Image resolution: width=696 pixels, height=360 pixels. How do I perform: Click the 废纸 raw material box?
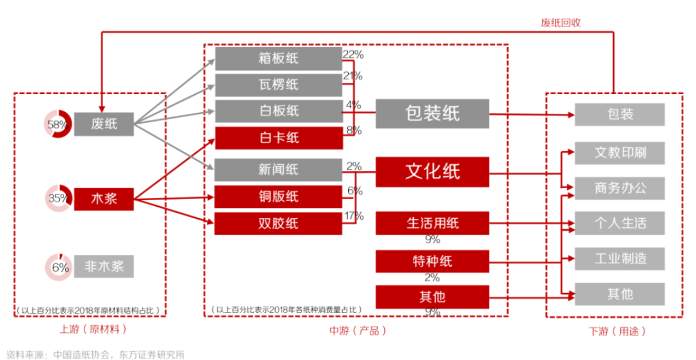[103, 124]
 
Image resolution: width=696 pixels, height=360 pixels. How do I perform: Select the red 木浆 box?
[103, 199]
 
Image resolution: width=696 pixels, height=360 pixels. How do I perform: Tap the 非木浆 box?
[103, 267]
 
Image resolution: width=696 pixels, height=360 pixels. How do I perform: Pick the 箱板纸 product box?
[278, 59]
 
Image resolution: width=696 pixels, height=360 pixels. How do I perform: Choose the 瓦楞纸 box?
[278, 85]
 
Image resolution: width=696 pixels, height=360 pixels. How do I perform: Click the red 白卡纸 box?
[278, 138]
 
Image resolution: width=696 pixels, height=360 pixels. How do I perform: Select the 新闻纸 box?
[278, 170]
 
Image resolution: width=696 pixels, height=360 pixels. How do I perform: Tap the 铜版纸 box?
[278, 196]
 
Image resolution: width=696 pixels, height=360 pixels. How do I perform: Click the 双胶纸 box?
[278, 223]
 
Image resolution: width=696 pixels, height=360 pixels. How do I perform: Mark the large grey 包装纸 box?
[432, 114]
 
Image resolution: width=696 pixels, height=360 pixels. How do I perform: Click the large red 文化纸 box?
[432, 171]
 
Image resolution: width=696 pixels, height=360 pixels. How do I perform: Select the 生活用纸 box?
[432, 223]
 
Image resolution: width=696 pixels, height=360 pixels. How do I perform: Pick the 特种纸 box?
[432, 261]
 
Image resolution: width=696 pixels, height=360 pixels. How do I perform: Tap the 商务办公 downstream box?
[619, 188]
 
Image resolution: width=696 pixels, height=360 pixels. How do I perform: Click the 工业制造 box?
[619, 259]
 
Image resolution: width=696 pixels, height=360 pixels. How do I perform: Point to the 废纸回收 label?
[561, 23]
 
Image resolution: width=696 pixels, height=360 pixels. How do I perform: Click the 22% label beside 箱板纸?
[353, 55]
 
